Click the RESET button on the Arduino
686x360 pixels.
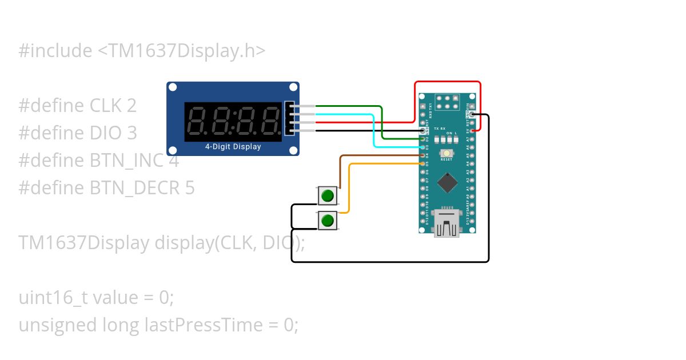(446, 153)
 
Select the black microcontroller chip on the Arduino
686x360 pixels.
(447, 183)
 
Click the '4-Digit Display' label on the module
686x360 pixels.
(233, 147)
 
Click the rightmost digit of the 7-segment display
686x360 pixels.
(269, 122)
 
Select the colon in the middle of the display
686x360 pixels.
(233, 122)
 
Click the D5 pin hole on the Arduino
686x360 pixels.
(423, 163)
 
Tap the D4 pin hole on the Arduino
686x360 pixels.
(423, 155)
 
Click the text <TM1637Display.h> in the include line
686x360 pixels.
(181, 51)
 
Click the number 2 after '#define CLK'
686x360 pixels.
(131, 106)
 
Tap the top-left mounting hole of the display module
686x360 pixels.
(172, 87)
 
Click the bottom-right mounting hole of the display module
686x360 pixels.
(293, 150)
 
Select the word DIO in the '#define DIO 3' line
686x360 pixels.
(105, 133)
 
